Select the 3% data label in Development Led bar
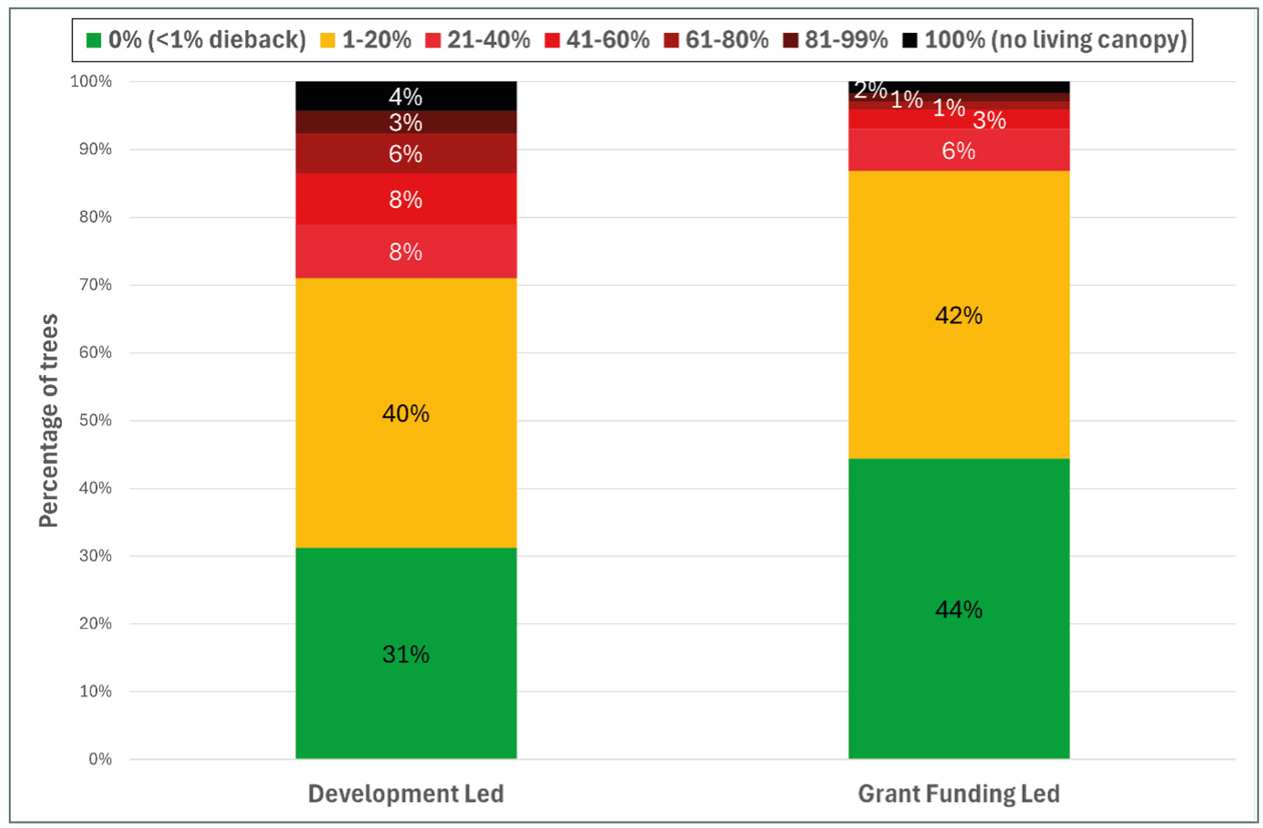[405, 123]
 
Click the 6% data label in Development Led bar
[405, 153]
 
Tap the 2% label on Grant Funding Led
[870, 90]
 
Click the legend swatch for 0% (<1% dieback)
[93, 40]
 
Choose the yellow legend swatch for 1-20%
[327, 40]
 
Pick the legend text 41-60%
[608, 40]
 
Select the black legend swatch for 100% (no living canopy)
[909, 40]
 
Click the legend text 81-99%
[846, 40]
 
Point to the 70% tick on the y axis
[95, 285]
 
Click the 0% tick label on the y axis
[100, 759]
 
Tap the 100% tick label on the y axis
[91, 81]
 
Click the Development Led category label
[405, 793]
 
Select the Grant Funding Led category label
[959, 793]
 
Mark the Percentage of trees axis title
[49, 420]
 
